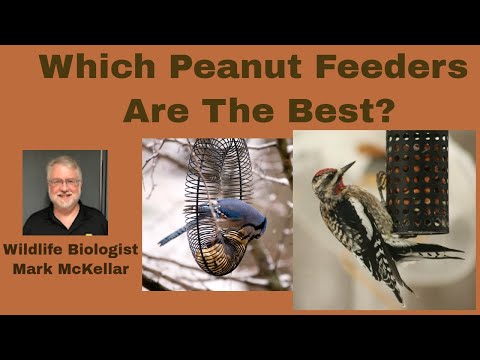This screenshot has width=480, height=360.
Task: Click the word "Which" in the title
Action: (x=98, y=67)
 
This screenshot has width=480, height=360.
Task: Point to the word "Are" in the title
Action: (x=153, y=108)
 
